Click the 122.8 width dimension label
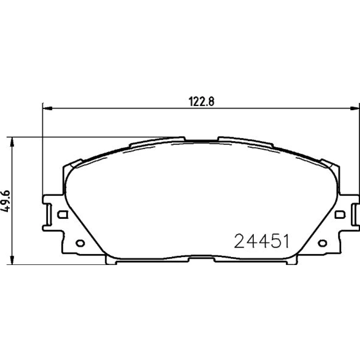(x=201, y=102)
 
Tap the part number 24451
(x=262, y=241)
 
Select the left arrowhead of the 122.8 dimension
(x=48, y=108)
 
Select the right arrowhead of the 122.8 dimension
(x=355, y=108)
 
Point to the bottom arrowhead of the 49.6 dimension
(x=12, y=260)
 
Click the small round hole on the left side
(x=80, y=243)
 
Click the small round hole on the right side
(x=322, y=243)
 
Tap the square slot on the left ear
(x=62, y=215)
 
